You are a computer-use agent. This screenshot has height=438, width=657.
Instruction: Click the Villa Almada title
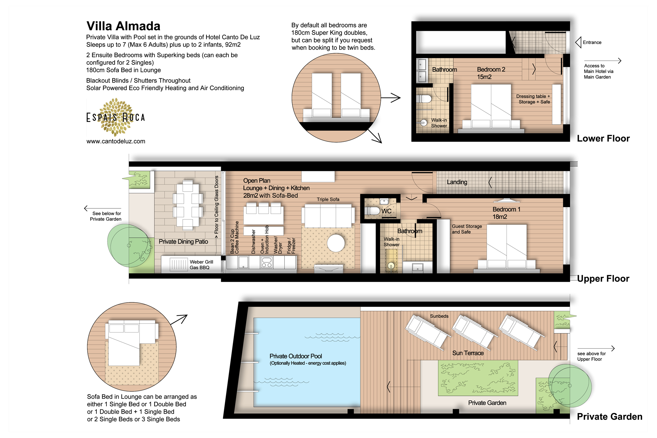[123, 26]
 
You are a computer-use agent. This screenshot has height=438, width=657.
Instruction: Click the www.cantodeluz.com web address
[116, 141]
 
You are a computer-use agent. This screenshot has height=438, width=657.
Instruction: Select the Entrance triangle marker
[578, 42]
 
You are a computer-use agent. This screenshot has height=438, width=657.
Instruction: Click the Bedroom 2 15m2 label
[491, 73]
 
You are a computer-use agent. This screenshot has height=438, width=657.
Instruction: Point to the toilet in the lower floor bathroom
[424, 99]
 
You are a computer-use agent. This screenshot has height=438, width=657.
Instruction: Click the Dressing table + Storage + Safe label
[534, 99]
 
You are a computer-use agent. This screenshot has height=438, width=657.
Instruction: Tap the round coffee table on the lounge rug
[336, 243]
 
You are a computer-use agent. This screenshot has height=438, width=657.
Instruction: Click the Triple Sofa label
[328, 199]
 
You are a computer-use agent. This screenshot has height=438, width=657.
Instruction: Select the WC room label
[386, 211]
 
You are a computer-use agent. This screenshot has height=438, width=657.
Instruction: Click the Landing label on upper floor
[457, 182]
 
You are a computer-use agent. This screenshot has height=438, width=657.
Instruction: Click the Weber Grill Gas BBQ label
[201, 265]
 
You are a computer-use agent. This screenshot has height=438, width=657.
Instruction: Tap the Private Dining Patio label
[183, 242]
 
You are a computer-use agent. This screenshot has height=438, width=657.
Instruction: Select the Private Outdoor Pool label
[296, 356]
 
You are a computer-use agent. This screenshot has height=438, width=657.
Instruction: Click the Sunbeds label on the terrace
[439, 316]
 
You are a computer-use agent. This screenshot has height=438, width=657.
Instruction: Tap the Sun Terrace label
[468, 353]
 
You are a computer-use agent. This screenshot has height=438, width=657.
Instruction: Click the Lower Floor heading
[603, 139]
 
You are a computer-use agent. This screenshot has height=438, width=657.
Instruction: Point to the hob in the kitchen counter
[266, 262]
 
